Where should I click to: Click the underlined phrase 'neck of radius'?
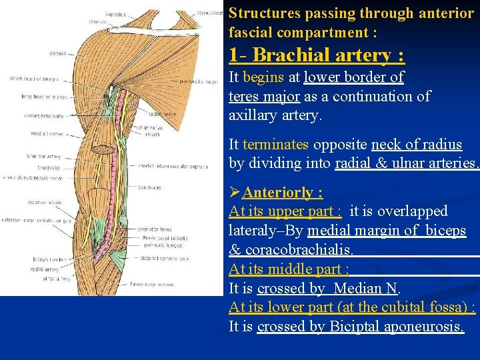(416, 145)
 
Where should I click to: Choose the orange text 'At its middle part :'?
(289, 269)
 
